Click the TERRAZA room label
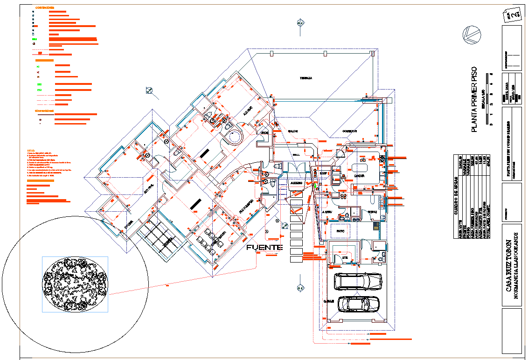click(x=306, y=78)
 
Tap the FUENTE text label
click(x=265, y=247)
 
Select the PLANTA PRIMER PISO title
click(x=474, y=99)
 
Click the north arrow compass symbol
click(x=470, y=35)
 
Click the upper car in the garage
click(x=358, y=281)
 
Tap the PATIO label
click(x=339, y=231)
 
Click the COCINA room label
click(x=359, y=176)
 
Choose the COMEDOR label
click(x=349, y=131)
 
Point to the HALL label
click(x=296, y=154)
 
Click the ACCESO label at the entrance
click(x=297, y=183)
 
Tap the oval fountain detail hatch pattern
click(x=75, y=284)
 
